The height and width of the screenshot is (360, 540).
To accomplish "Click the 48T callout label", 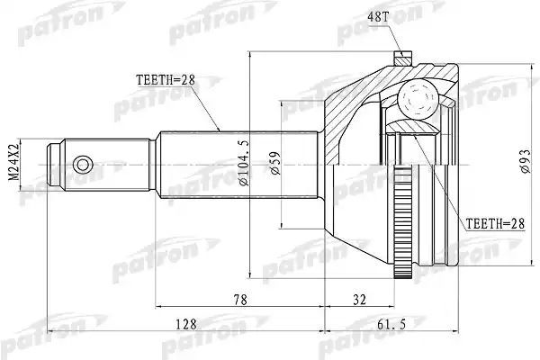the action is tap(378, 16).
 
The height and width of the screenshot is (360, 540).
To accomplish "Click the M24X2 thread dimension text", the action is tap(13, 162).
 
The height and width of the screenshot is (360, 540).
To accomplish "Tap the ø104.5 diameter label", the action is tap(244, 163).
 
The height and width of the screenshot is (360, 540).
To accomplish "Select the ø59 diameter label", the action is tap(275, 163).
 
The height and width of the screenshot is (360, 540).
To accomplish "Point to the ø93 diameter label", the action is tap(526, 161).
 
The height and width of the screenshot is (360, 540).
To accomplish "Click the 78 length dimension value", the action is tap(240, 300).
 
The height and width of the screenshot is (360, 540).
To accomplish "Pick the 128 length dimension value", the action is tap(186, 324).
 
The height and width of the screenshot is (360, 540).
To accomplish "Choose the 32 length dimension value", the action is tap(359, 300).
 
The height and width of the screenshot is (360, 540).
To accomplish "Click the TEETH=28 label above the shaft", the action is tap(166, 80).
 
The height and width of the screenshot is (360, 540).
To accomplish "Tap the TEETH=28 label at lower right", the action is tap(495, 224).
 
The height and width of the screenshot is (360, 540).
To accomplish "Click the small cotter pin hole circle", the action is tap(83, 165).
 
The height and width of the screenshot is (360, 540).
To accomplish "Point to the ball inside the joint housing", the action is tap(417, 99).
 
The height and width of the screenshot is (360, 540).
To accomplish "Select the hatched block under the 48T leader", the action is tap(403, 58).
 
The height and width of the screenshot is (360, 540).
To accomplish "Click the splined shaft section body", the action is tap(238, 165).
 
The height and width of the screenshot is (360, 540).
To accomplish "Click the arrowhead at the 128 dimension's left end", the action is tap(50, 331).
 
